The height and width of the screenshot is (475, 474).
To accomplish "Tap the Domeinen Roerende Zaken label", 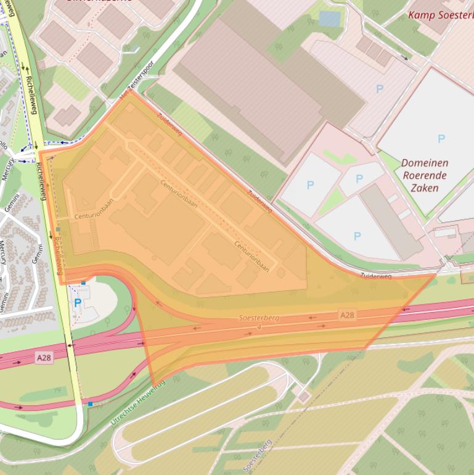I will pyautogui.click(x=425, y=175).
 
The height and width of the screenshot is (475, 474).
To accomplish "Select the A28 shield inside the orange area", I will pyautogui.click(x=347, y=315).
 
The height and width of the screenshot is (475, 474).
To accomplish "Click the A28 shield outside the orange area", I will pyautogui.click(x=43, y=357).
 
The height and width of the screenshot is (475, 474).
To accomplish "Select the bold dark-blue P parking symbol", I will pyautogui.click(x=78, y=303).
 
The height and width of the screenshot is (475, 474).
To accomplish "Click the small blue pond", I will pyautogui.click(x=329, y=19).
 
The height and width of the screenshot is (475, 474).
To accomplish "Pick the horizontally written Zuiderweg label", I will pyautogui.click(x=376, y=276).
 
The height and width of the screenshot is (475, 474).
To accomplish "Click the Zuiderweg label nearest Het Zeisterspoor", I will pyautogui.click(x=169, y=124).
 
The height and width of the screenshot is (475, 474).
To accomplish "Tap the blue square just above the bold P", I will pyautogui.click(x=83, y=283).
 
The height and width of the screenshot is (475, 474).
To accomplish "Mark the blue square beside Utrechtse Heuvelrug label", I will pyautogui.click(x=91, y=404).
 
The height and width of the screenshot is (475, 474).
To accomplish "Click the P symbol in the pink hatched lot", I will pyautogui.click(x=380, y=89).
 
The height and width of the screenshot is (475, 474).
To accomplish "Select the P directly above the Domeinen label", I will pyautogui.click(x=441, y=139).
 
